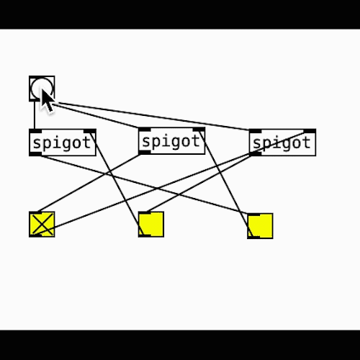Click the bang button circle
(x=42, y=89)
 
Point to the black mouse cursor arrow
(x=47, y=101)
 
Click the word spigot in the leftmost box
(x=62, y=143)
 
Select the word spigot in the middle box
(x=171, y=142)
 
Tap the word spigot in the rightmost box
(x=282, y=143)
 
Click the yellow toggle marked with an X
(x=42, y=225)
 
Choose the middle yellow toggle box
(x=151, y=225)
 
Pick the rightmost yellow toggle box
(x=260, y=226)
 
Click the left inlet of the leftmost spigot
(x=35, y=131)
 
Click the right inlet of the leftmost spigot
(x=90, y=131)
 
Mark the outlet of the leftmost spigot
(x=35, y=154)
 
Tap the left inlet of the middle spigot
(x=145, y=130)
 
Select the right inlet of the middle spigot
(x=199, y=130)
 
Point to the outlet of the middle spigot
(x=145, y=153)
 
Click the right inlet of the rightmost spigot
(x=310, y=131)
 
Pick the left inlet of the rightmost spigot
(x=255, y=131)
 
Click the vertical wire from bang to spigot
(x=35, y=114)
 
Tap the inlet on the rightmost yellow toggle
(x=253, y=215)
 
